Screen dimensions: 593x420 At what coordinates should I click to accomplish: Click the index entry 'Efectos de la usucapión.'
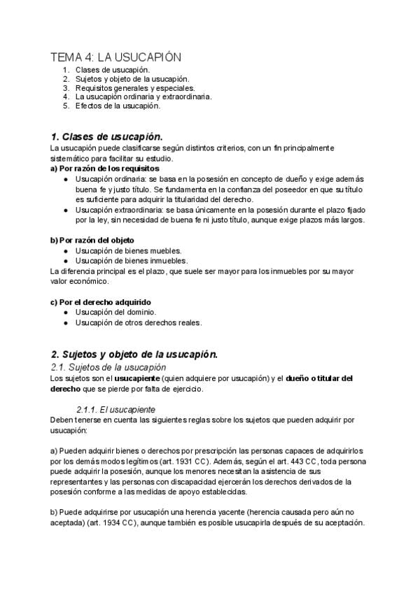click(118, 106)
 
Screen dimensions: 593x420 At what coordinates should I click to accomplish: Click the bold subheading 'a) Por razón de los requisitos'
click(105, 169)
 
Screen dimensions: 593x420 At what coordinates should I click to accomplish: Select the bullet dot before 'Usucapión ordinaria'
click(65, 179)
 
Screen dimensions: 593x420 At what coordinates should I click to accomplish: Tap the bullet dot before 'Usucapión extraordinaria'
click(65, 209)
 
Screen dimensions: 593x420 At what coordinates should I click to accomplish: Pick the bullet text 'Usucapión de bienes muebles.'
click(128, 250)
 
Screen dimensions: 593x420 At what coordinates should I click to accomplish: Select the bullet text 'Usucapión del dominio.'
click(115, 312)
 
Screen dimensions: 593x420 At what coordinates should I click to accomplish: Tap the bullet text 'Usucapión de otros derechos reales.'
click(139, 322)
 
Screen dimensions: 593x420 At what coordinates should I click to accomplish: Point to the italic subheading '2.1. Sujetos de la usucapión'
click(108, 367)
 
